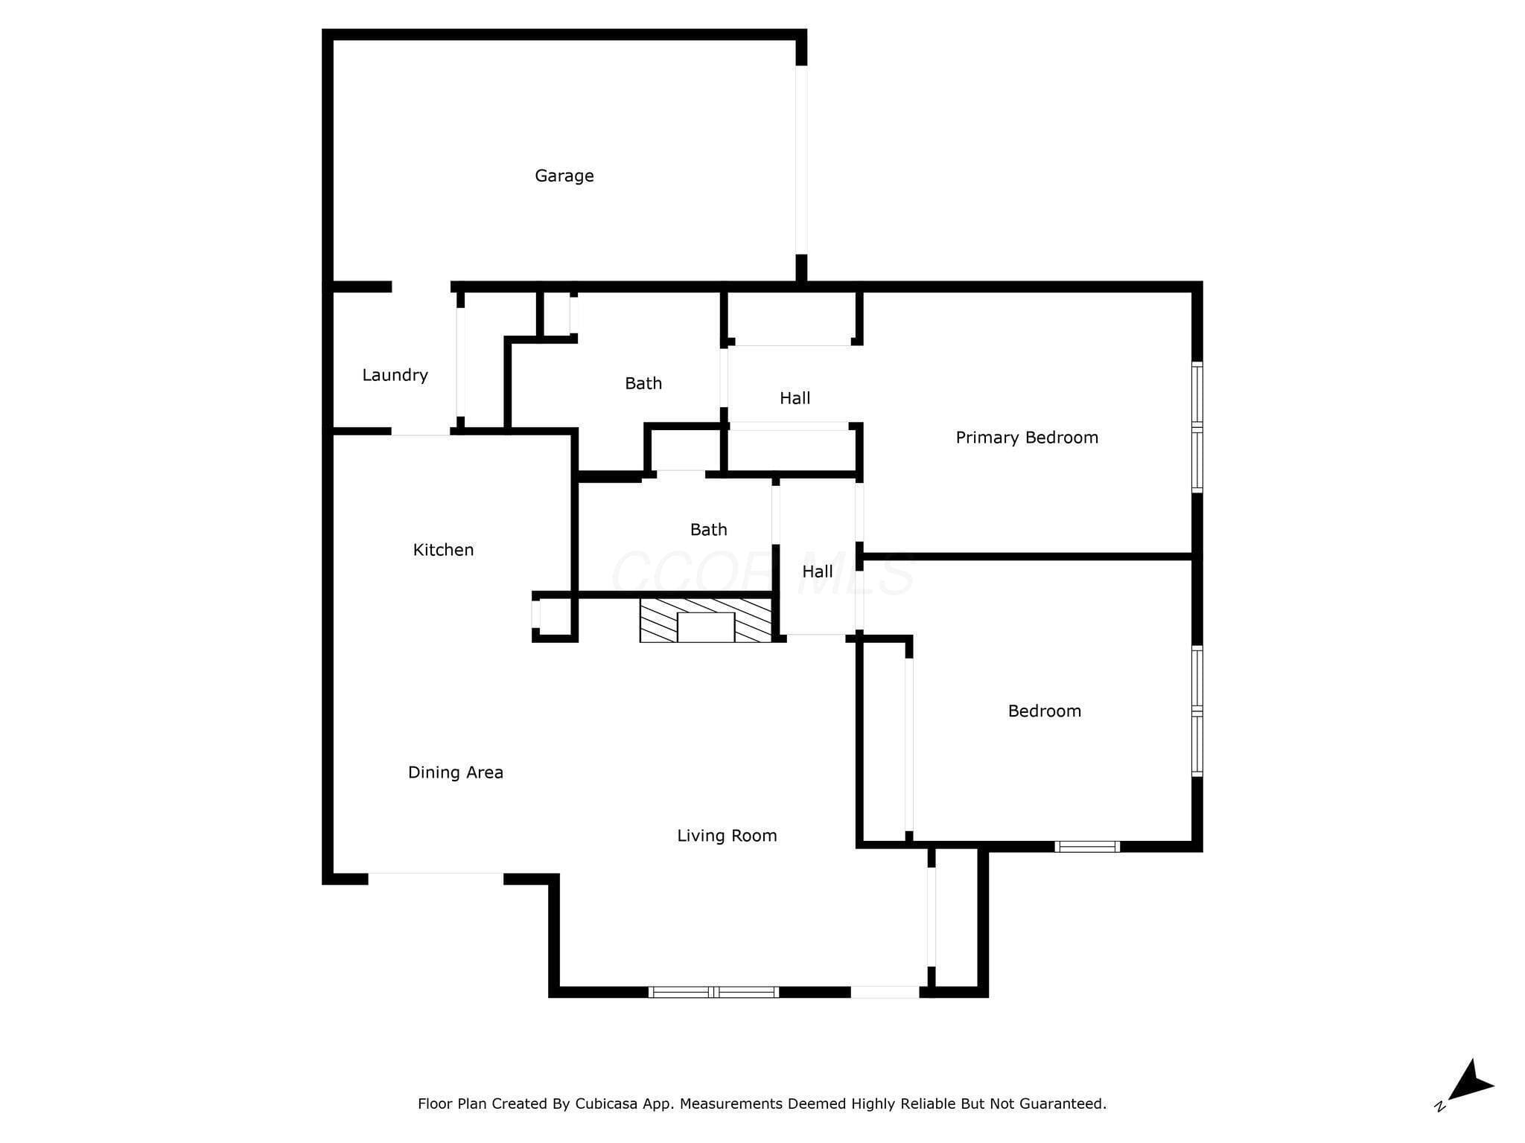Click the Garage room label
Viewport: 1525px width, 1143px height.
point(564,176)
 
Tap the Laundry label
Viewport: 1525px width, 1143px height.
point(395,375)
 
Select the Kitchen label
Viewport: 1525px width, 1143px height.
point(443,550)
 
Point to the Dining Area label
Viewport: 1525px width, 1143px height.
point(456,772)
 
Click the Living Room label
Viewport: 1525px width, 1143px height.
point(727,836)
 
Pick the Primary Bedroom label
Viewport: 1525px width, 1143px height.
point(1027,438)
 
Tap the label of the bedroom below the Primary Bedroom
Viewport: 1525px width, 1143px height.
point(1044,711)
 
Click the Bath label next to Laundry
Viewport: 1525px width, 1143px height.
point(643,383)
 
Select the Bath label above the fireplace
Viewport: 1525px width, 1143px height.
point(708,530)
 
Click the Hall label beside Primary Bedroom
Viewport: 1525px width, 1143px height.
point(795,398)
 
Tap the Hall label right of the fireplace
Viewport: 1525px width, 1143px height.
point(817,571)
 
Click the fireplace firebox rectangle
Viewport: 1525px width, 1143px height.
point(706,627)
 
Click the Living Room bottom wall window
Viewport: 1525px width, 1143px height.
point(713,992)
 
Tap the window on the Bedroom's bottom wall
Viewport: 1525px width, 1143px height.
point(1087,846)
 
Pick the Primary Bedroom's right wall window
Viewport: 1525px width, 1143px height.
point(1197,427)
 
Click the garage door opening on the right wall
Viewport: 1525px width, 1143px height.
point(801,160)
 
